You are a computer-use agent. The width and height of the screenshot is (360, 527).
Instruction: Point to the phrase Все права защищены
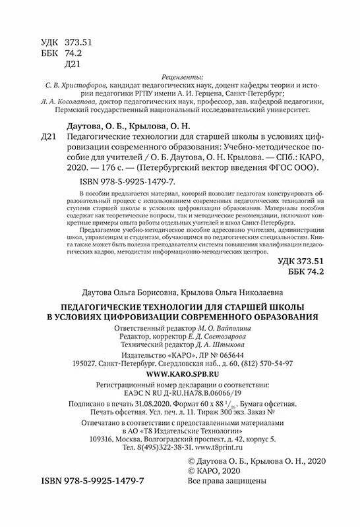pyautogui.click(x=227, y=482)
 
